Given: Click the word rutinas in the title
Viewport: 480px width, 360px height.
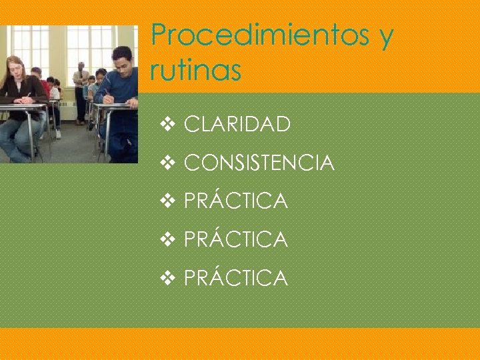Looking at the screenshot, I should (x=195, y=71).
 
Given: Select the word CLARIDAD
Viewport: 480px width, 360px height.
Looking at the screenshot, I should (x=237, y=124).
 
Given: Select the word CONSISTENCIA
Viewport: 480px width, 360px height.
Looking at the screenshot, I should (x=259, y=163).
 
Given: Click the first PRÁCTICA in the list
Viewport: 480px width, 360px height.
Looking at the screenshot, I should (x=235, y=201).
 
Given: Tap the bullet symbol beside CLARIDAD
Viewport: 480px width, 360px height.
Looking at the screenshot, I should (x=167, y=124).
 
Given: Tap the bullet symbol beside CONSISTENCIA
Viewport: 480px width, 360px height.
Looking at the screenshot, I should (x=167, y=163).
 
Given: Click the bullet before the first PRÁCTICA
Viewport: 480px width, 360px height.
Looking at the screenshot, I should (x=167, y=201).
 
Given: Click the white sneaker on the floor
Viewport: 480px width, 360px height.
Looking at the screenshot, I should (x=58, y=134).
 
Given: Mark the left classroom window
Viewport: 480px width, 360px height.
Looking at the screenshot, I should (x=30, y=50).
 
